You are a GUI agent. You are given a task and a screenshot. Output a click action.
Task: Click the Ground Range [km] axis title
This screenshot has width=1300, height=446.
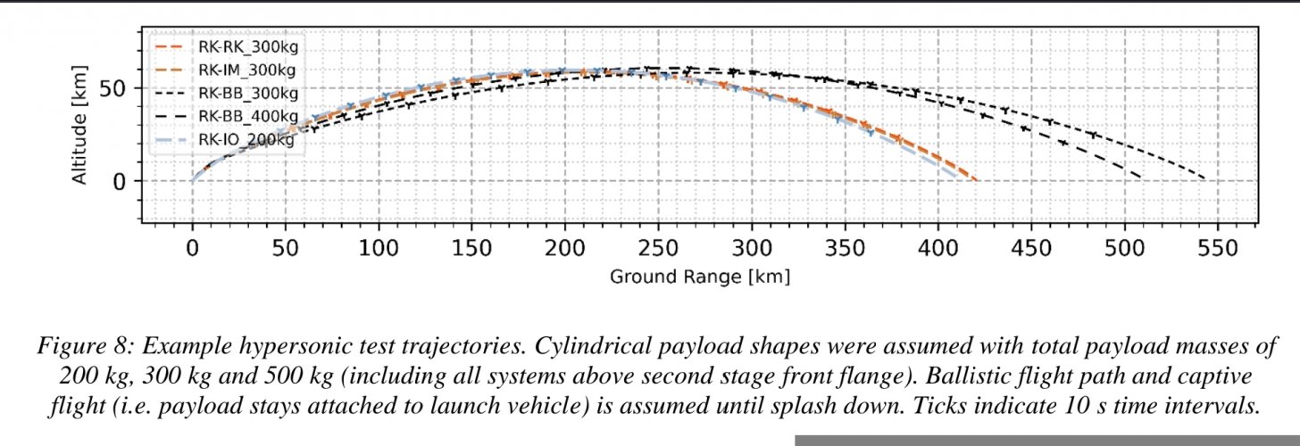pyautogui.click(x=700, y=277)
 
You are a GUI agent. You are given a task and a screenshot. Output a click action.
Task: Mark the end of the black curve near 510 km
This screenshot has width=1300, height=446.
pyautogui.click(x=1140, y=178)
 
